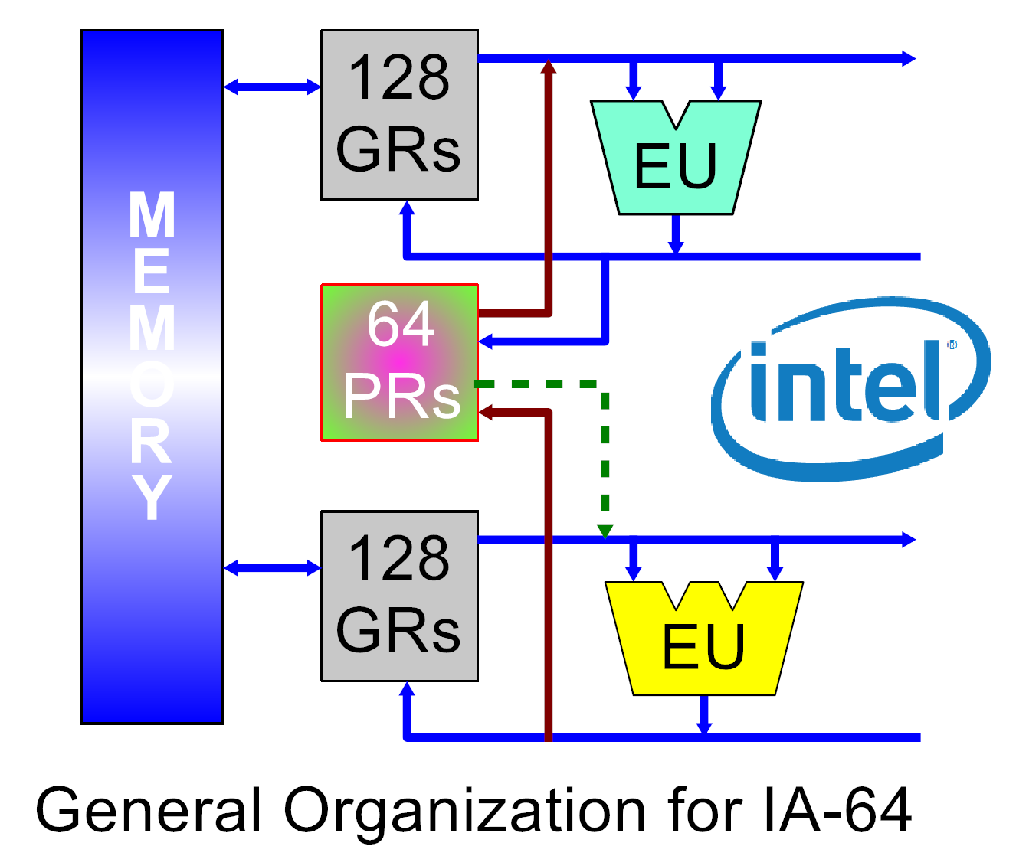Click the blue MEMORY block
152,377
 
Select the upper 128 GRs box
399,115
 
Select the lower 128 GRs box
399,596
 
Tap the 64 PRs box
399,362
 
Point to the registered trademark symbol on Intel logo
952,345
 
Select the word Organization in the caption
464,810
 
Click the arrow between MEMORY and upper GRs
272,87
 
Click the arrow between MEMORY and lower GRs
272,567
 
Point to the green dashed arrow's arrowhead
605,531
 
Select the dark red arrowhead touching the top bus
549,67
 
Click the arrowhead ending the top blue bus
909,58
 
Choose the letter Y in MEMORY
152,497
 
